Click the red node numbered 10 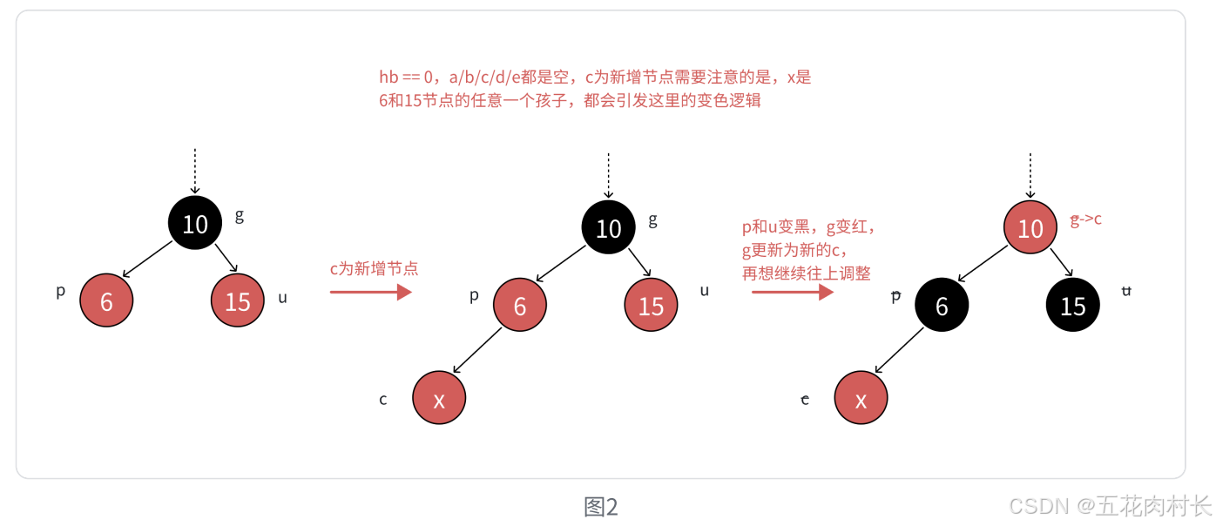click(x=1030, y=228)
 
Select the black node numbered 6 click(x=942, y=306)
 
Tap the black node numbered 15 click(x=1073, y=306)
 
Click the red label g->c click(x=1086, y=219)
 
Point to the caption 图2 click(x=601, y=507)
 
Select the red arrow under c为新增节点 click(x=370, y=293)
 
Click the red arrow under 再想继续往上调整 click(x=793, y=293)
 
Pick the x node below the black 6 click(x=861, y=399)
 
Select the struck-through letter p click(x=895, y=295)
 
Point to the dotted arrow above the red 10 click(x=1030, y=175)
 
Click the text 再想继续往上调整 click(x=807, y=273)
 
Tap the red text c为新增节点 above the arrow click(x=374, y=268)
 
